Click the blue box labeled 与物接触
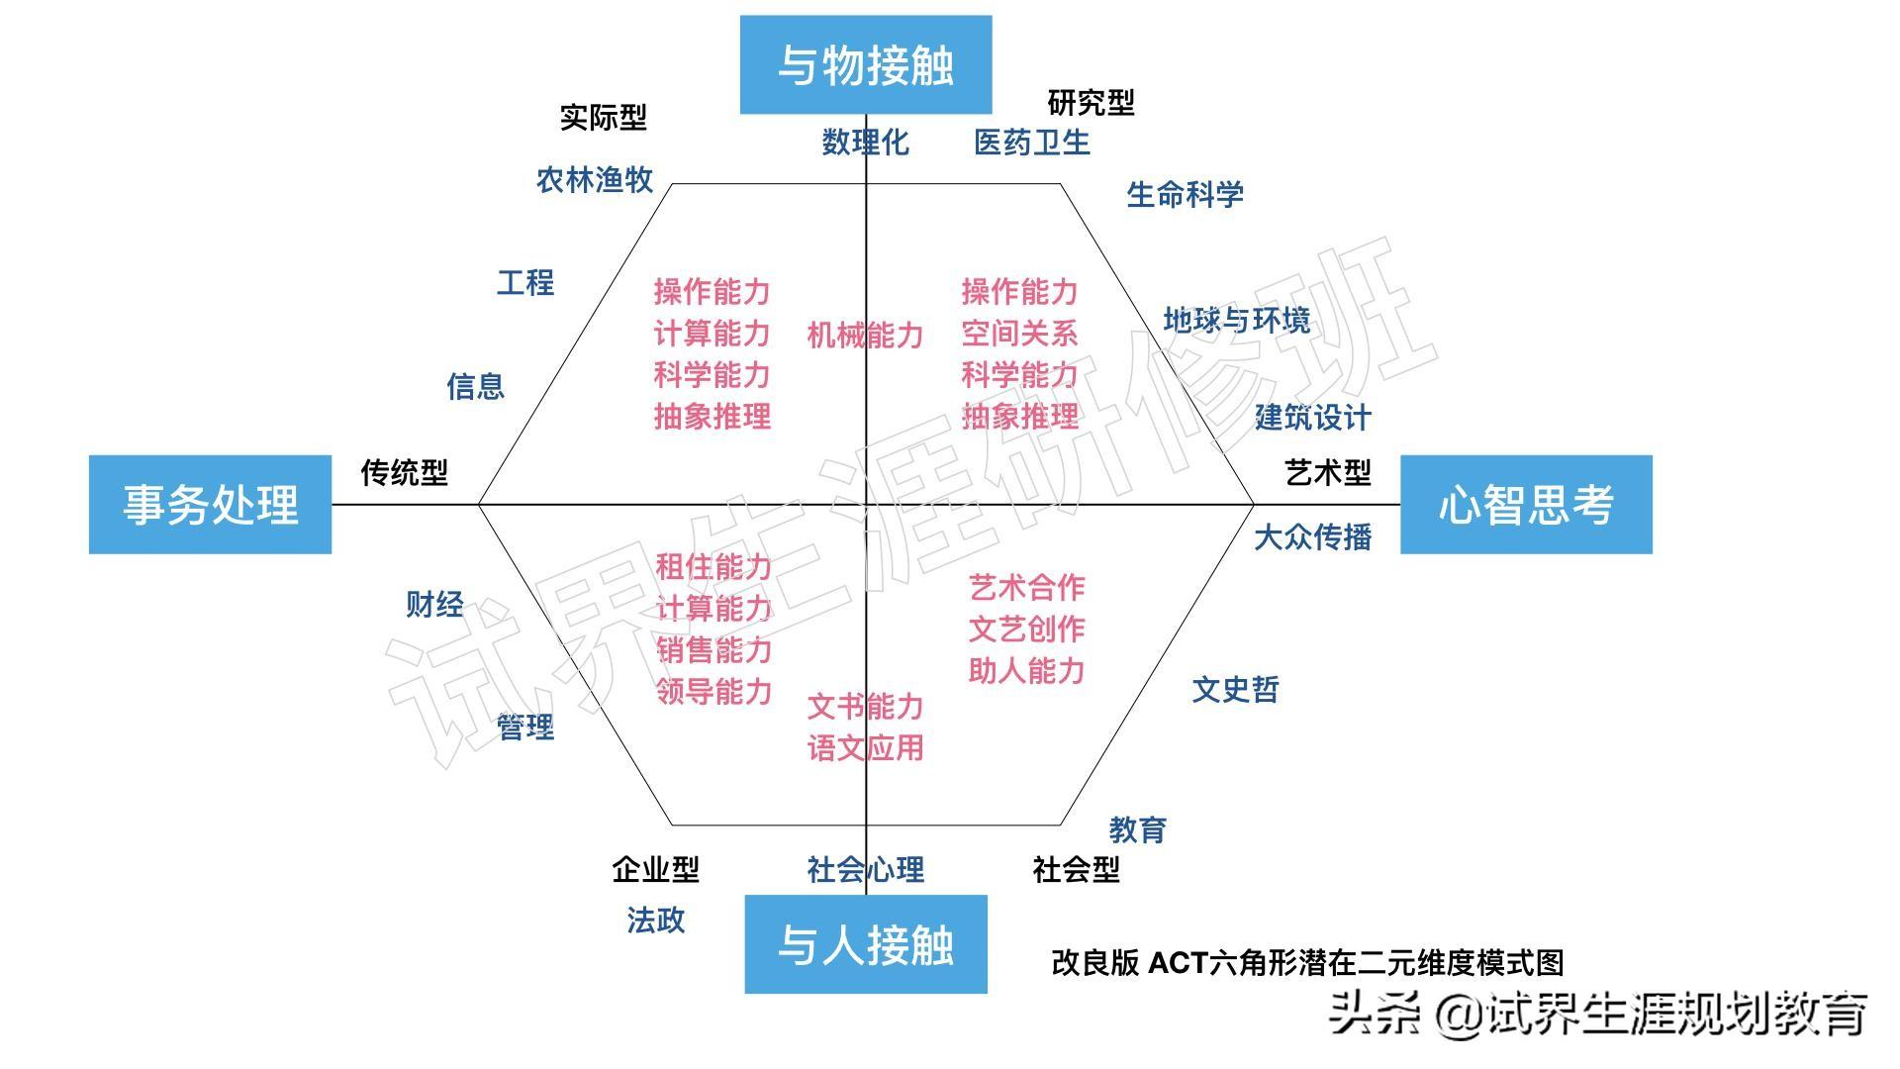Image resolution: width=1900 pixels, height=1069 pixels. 866,64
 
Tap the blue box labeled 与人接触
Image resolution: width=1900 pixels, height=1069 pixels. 866,944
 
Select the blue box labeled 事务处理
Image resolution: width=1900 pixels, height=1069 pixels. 210,505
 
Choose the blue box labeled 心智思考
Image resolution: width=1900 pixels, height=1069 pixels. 1526,505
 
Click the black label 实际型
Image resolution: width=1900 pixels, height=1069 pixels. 603,117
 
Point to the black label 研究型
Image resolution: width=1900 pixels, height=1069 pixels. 1091,102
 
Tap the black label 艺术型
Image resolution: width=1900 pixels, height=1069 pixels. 1328,472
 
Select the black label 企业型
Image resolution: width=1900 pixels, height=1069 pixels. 655,869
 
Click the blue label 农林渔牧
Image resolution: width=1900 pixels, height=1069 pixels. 595,179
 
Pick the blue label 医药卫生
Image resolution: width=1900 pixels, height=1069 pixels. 1031,143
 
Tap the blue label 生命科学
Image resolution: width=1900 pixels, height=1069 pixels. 1185,194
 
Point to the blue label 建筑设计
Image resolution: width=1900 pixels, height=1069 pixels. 1312,417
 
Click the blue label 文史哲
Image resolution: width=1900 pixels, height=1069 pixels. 1235,689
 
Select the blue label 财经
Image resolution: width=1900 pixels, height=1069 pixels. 434,604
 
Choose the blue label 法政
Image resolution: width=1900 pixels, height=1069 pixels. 655,920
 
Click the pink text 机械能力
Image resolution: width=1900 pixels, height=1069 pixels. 865,335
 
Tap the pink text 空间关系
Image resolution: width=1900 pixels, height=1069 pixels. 1019,334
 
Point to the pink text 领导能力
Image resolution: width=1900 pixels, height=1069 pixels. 713,691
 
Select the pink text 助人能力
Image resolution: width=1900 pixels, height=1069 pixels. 1026,670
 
